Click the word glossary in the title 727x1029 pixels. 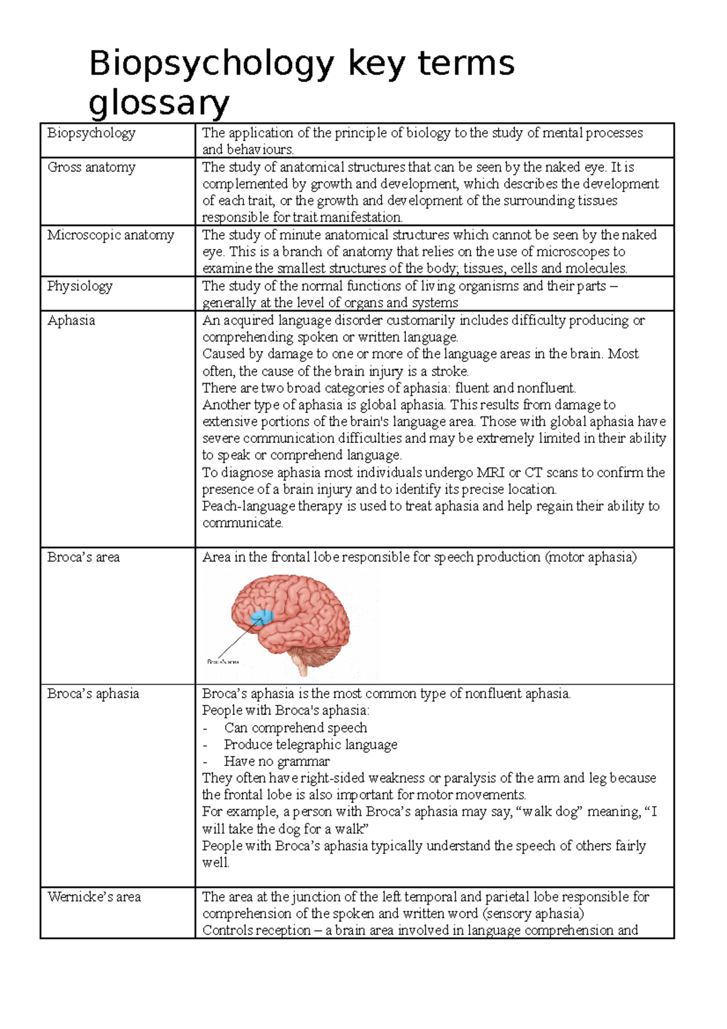(159, 103)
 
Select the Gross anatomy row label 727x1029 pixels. (91, 167)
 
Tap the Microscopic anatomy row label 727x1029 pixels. (111, 235)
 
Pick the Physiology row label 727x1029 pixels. (80, 286)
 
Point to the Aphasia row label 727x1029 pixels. (71, 321)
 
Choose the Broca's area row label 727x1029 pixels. (84, 558)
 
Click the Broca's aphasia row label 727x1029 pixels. (93, 694)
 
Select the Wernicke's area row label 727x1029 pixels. (94, 897)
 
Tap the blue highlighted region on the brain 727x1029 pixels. (262, 617)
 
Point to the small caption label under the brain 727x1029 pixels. (223, 662)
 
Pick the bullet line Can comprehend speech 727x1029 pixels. (295, 728)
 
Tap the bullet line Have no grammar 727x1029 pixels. (276, 762)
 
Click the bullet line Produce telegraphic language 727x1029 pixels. (310, 745)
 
